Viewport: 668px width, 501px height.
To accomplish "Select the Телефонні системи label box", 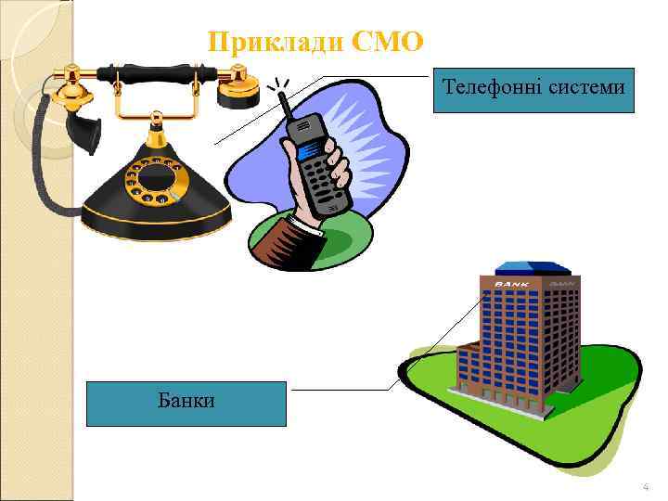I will (533, 90).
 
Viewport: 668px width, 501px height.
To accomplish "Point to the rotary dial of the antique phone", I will (158, 182).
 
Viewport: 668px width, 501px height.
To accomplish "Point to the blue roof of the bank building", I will (525, 270).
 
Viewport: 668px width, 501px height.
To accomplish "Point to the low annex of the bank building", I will (469, 371).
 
